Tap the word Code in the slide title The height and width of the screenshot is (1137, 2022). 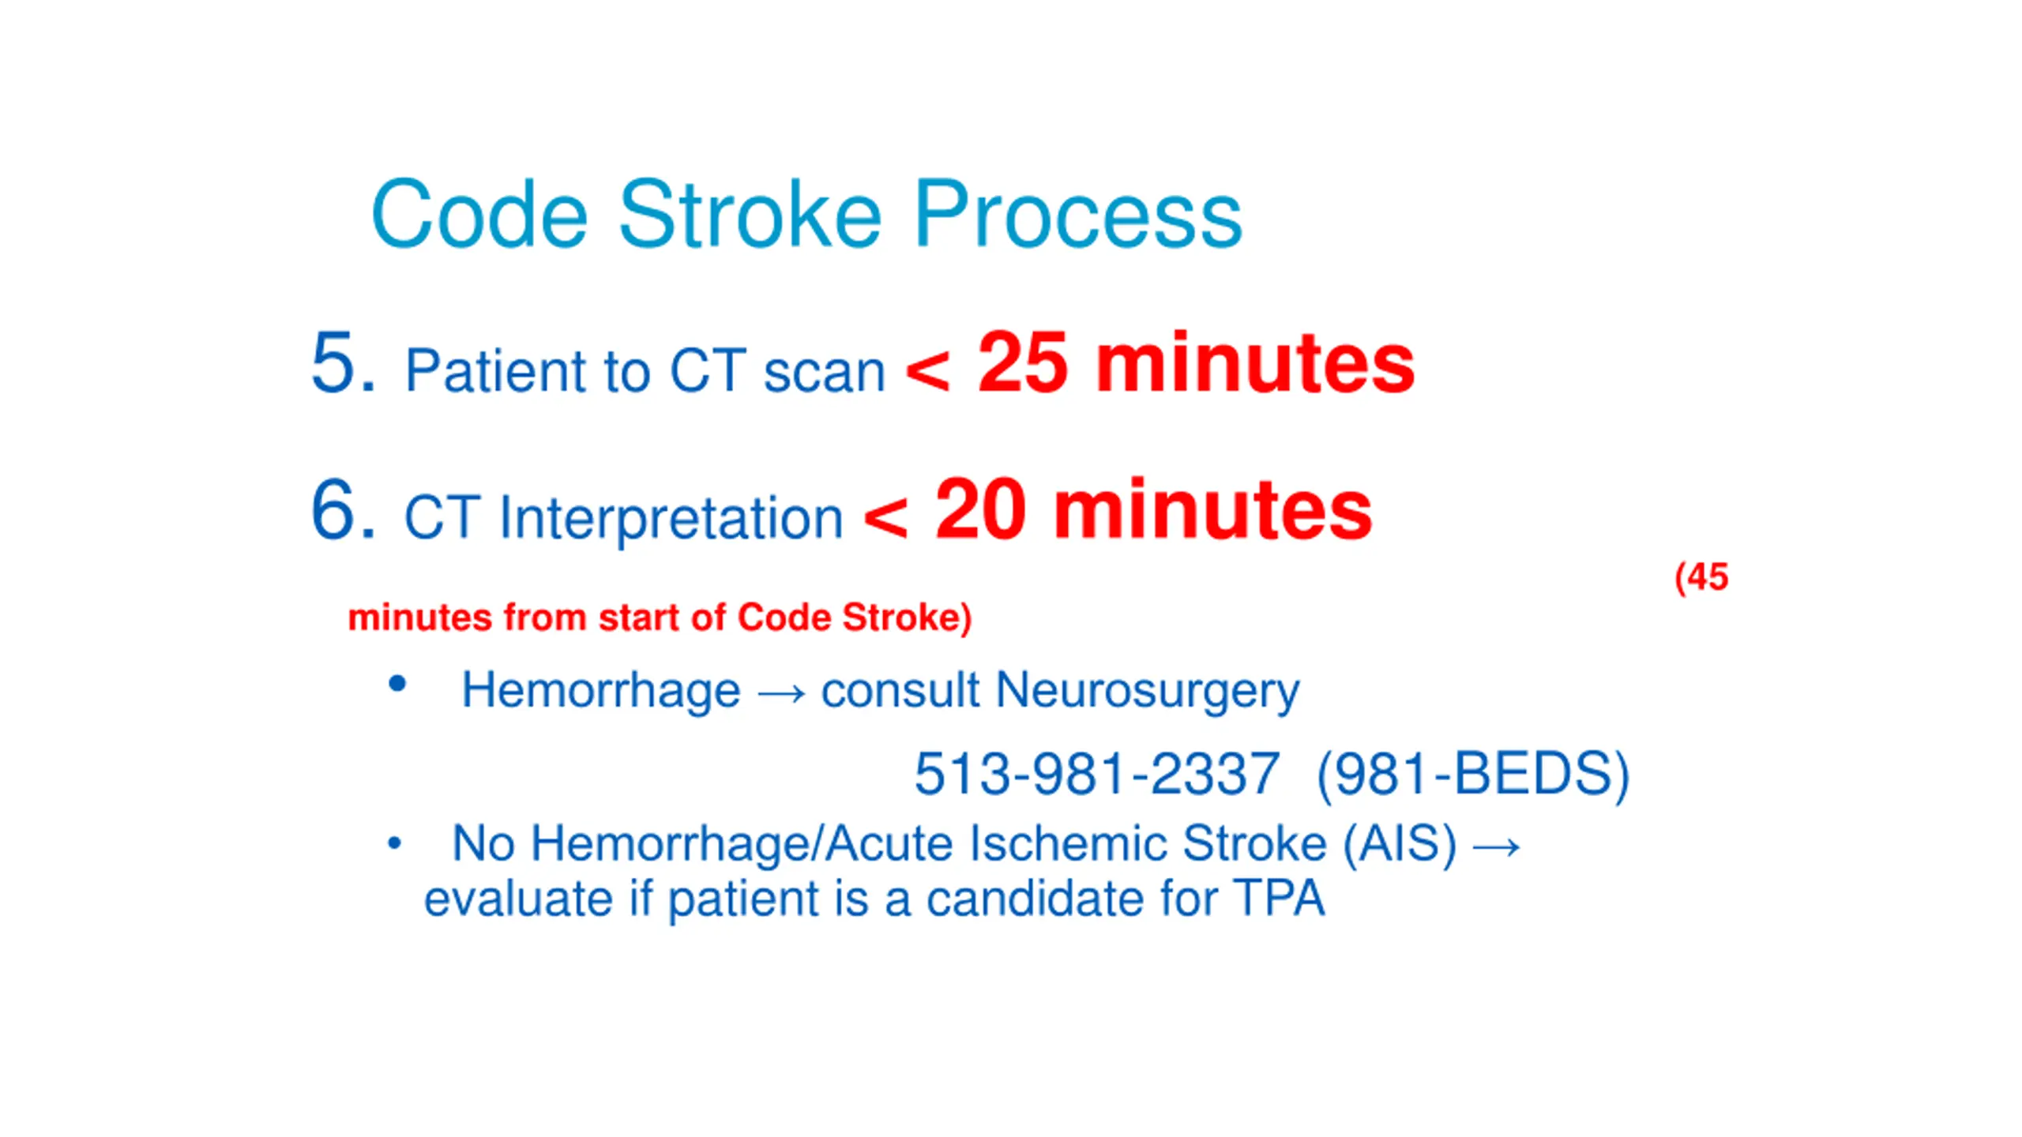pos(479,214)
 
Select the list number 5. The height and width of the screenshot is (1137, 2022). pos(343,362)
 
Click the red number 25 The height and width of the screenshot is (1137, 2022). pos(1023,362)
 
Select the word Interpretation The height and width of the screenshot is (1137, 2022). pos(671,520)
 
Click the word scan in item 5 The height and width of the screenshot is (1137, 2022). pos(824,372)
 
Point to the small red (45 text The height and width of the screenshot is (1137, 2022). pos(1701,578)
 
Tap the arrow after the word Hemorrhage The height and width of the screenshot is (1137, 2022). pos(781,694)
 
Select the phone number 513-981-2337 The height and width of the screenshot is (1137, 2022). pos(1096,773)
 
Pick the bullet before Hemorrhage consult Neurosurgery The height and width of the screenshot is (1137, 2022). pos(397,684)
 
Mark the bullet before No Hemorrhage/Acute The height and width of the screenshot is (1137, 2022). pos(395,844)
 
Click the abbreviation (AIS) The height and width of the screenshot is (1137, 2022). pos(1400,845)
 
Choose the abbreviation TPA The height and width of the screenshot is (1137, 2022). pos(1280,899)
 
